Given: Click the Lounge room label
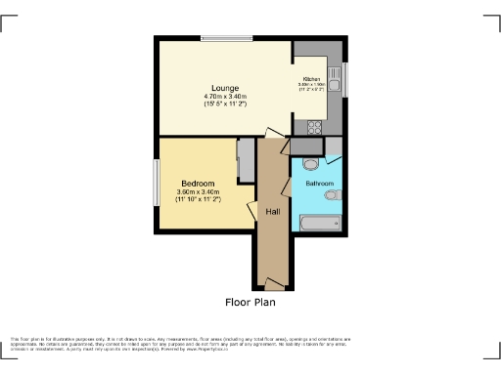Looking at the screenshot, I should click(x=226, y=86).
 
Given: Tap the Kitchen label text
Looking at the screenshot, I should click(x=312, y=78).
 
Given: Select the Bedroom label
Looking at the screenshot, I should click(x=199, y=183).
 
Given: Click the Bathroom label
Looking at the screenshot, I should click(x=320, y=184).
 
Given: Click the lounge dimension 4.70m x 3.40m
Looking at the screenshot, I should click(x=227, y=97).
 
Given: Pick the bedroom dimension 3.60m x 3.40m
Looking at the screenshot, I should click(x=199, y=192).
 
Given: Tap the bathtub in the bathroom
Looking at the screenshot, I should click(x=319, y=224).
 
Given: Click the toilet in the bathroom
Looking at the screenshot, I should click(x=310, y=164).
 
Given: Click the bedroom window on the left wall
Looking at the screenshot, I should click(x=156, y=183).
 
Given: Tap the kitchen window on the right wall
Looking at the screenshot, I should click(x=346, y=78).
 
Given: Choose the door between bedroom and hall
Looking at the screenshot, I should click(x=252, y=209).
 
